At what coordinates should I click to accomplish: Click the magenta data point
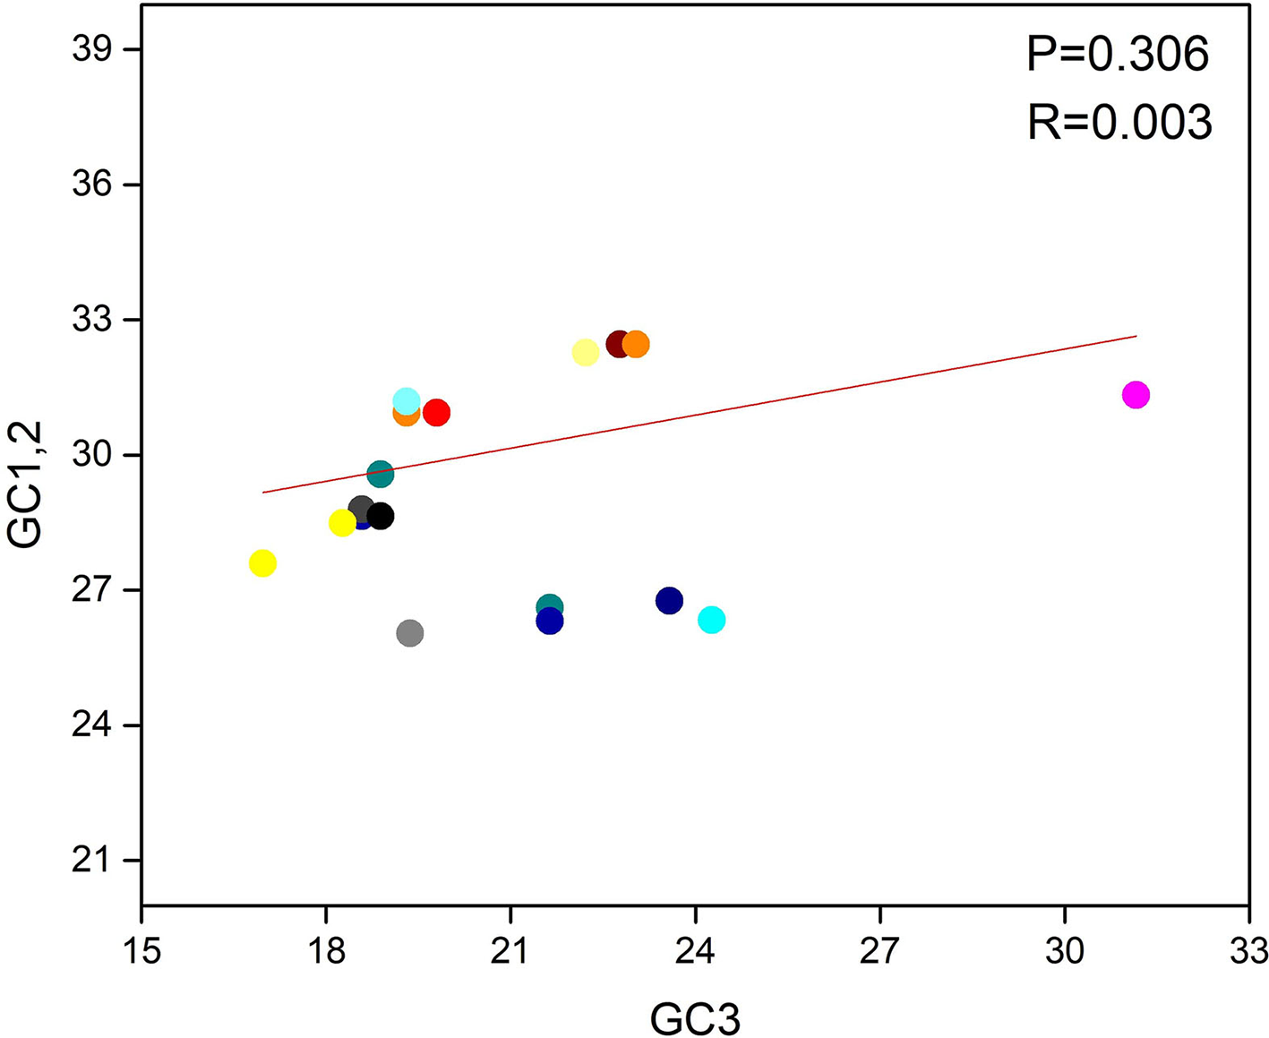(1135, 395)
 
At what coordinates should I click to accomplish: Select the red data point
(436, 413)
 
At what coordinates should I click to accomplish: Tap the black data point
(381, 517)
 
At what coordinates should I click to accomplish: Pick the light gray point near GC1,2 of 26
(410, 634)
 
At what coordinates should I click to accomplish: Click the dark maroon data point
(618, 344)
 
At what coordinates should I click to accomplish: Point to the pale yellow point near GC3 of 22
(585, 353)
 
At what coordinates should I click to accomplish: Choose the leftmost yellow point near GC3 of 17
(262, 563)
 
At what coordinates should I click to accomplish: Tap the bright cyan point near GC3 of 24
(711, 620)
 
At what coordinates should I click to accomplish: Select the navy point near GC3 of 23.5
(669, 601)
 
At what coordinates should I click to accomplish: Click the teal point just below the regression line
(381, 474)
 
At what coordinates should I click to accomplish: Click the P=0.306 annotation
(1118, 55)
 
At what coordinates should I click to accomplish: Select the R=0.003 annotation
(1119, 123)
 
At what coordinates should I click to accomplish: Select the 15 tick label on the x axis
(141, 950)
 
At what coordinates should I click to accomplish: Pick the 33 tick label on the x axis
(1248, 950)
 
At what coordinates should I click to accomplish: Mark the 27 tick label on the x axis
(879, 950)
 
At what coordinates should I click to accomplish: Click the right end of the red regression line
(1135, 337)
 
